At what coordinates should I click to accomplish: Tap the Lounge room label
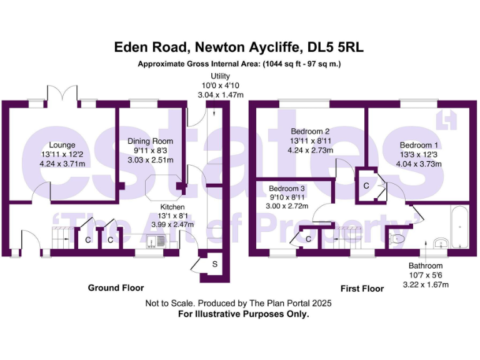(x=62, y=146)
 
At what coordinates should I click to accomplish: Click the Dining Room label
(x=150, y=141)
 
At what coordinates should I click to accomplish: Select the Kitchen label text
(x=171, y=206)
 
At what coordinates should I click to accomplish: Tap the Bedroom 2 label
(x=310, y=131)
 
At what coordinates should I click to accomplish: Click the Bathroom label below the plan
(x=426, y=266)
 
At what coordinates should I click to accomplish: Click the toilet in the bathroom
(x=398, y=238)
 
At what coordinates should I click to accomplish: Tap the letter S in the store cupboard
(x=214, y=264)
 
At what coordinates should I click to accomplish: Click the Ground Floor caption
(x=116, y=288)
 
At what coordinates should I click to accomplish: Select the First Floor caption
(x=362, y=289)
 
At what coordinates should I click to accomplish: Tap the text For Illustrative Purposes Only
(x=244, y=314)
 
